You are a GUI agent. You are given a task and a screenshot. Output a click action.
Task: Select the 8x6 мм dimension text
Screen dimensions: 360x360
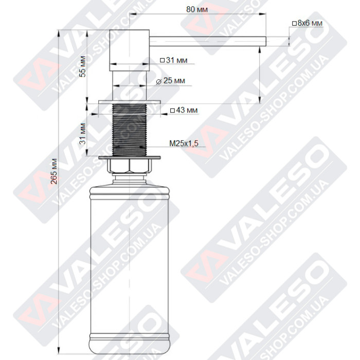tap(310, 24)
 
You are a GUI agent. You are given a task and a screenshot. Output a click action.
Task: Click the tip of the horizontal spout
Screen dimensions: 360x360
tap(263, 41)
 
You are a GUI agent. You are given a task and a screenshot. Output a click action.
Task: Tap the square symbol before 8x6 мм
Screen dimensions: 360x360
tap(294, 24)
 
